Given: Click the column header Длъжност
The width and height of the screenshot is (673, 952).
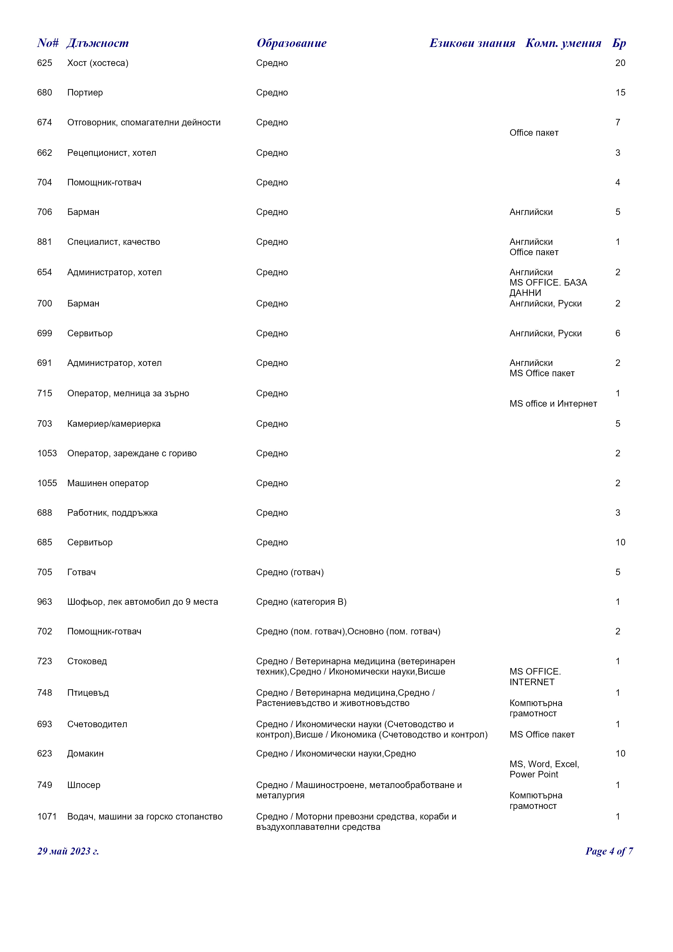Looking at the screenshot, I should click(97, 43).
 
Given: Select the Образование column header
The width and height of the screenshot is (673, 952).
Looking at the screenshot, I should click(291, 43).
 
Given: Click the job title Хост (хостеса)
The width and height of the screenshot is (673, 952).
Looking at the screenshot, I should click(98, 63).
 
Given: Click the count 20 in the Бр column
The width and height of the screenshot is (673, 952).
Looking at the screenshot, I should click(620, 63).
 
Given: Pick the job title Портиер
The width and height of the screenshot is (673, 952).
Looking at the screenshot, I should click(85, 93).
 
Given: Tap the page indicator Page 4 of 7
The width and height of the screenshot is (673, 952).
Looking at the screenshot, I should click(609, 851).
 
